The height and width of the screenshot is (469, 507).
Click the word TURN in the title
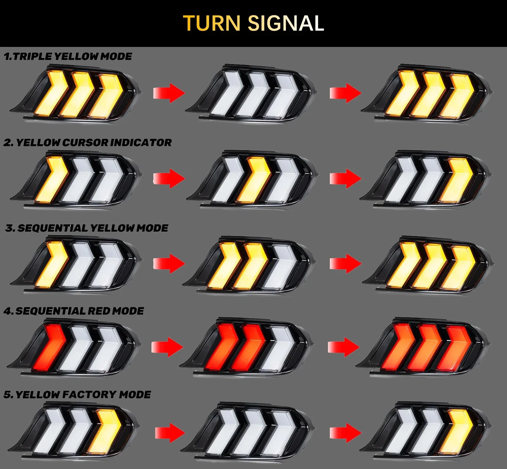[212, 23]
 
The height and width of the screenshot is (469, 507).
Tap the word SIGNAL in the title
[286, 23]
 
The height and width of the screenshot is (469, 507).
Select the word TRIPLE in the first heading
[32, 56]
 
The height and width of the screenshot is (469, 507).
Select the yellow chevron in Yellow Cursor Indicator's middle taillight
[253, 179]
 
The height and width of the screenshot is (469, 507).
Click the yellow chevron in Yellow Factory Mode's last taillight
[457, 431]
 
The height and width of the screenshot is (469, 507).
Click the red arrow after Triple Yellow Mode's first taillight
[169, 93]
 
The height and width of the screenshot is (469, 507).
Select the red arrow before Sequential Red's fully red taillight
[344, 347]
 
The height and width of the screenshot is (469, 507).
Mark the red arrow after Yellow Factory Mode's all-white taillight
[346, 433]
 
